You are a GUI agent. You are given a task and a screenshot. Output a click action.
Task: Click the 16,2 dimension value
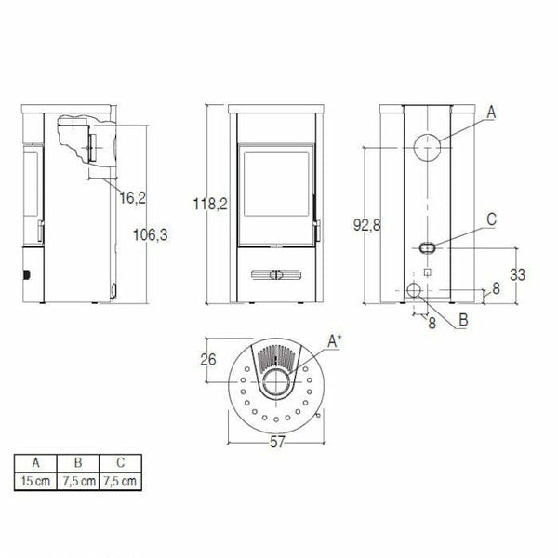tap(133, 197)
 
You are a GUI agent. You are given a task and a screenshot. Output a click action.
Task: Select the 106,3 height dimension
tap(151, 235)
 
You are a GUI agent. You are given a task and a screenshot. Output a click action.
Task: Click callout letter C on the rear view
tap(491, 220)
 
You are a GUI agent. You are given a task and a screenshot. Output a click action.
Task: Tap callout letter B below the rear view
tap(461, 321)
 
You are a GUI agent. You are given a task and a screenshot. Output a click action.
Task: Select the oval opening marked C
tap(426, 248)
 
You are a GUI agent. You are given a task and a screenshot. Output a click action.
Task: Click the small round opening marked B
tap(412, 292)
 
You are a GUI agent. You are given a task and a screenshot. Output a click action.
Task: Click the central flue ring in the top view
tap(276, 382)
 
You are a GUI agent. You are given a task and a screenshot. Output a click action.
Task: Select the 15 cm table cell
tap(36, 481)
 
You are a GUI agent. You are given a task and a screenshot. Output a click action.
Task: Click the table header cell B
tap(80, 462)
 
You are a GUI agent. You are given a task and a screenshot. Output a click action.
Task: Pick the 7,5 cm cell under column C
tap(122, 481)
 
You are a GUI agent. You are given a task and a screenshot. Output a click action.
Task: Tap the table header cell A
tap(36, 462)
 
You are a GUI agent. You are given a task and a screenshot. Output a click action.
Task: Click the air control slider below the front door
tap(275, 274)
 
